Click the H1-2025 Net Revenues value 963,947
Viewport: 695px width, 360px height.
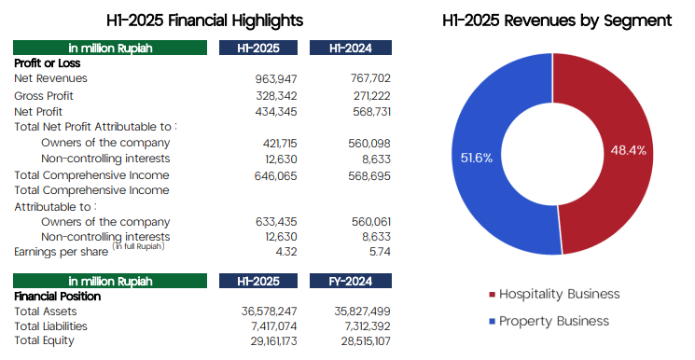click(276, 79)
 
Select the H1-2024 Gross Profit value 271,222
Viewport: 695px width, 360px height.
click(372, 96)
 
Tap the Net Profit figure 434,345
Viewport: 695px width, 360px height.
click(276, 112)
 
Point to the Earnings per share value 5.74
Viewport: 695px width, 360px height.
click(380, 252)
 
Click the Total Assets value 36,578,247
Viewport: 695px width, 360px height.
click(269, 312)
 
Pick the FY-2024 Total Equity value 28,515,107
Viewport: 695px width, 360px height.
click(366, 341)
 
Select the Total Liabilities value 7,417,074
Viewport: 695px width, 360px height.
click(274, 326)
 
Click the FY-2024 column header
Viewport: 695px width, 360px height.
click(351, 281)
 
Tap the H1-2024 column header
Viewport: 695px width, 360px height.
click(351, 48)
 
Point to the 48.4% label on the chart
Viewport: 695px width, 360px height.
click(628, 151)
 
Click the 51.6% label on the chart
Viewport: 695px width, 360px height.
click(477, 159)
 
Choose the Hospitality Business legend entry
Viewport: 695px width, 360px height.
click(554, 295)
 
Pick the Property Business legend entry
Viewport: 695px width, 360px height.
click(549, 322)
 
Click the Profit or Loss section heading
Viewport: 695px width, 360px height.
click(47, 63)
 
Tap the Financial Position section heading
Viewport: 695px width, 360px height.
click(58, 297)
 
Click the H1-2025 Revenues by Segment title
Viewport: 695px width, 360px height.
click(557, 21)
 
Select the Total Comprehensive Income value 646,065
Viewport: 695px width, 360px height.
click(276, 176)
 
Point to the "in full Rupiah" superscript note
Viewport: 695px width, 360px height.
click(138, 246)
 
